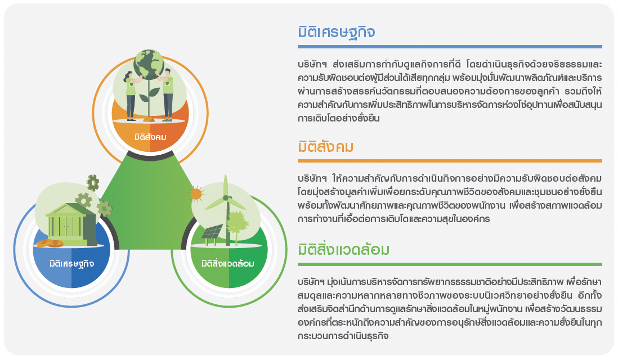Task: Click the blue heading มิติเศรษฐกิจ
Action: click(x=336, y=32)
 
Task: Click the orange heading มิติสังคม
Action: click(x=325, y=146)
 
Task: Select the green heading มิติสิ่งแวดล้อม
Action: click(x=344, y=249)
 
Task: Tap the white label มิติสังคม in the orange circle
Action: click(x=150, y=137)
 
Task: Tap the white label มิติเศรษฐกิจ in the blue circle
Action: click(x=71, y=263)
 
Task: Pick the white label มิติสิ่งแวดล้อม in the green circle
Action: click(x=228, y=263)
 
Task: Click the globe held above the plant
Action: click(x=149, y=64)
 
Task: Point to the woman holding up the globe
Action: click(x=132, y=96)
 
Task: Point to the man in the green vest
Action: click(x=167, y=94)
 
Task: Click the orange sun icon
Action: click(x=196, y=194)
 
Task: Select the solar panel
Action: click(x=212, y=232)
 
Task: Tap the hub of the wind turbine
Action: click(x=226, y=197)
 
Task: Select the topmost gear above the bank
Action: click(x=93, y=183)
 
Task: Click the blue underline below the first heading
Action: click(x=450, y=47)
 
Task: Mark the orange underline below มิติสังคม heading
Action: click(x=450, y=161)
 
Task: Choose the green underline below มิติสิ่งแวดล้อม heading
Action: click(x=450, y=264)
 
